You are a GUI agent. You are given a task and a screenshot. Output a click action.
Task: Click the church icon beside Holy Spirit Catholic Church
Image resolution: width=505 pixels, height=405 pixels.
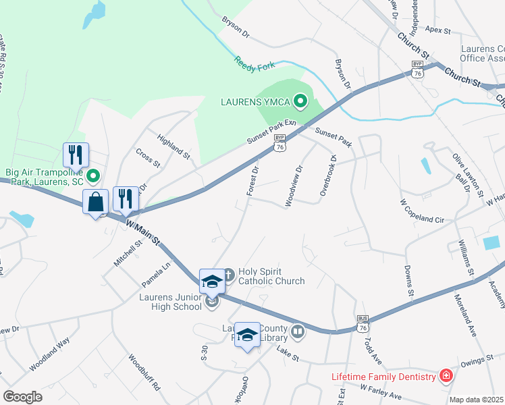tap(229, 275)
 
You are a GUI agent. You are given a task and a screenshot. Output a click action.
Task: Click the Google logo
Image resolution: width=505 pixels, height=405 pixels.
tap(22, 396)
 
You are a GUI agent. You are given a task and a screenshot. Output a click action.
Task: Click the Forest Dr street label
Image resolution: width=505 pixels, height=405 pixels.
tap(253, 181)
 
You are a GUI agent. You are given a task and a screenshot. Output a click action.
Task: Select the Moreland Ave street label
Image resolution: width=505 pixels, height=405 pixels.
tap(466, 316)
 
